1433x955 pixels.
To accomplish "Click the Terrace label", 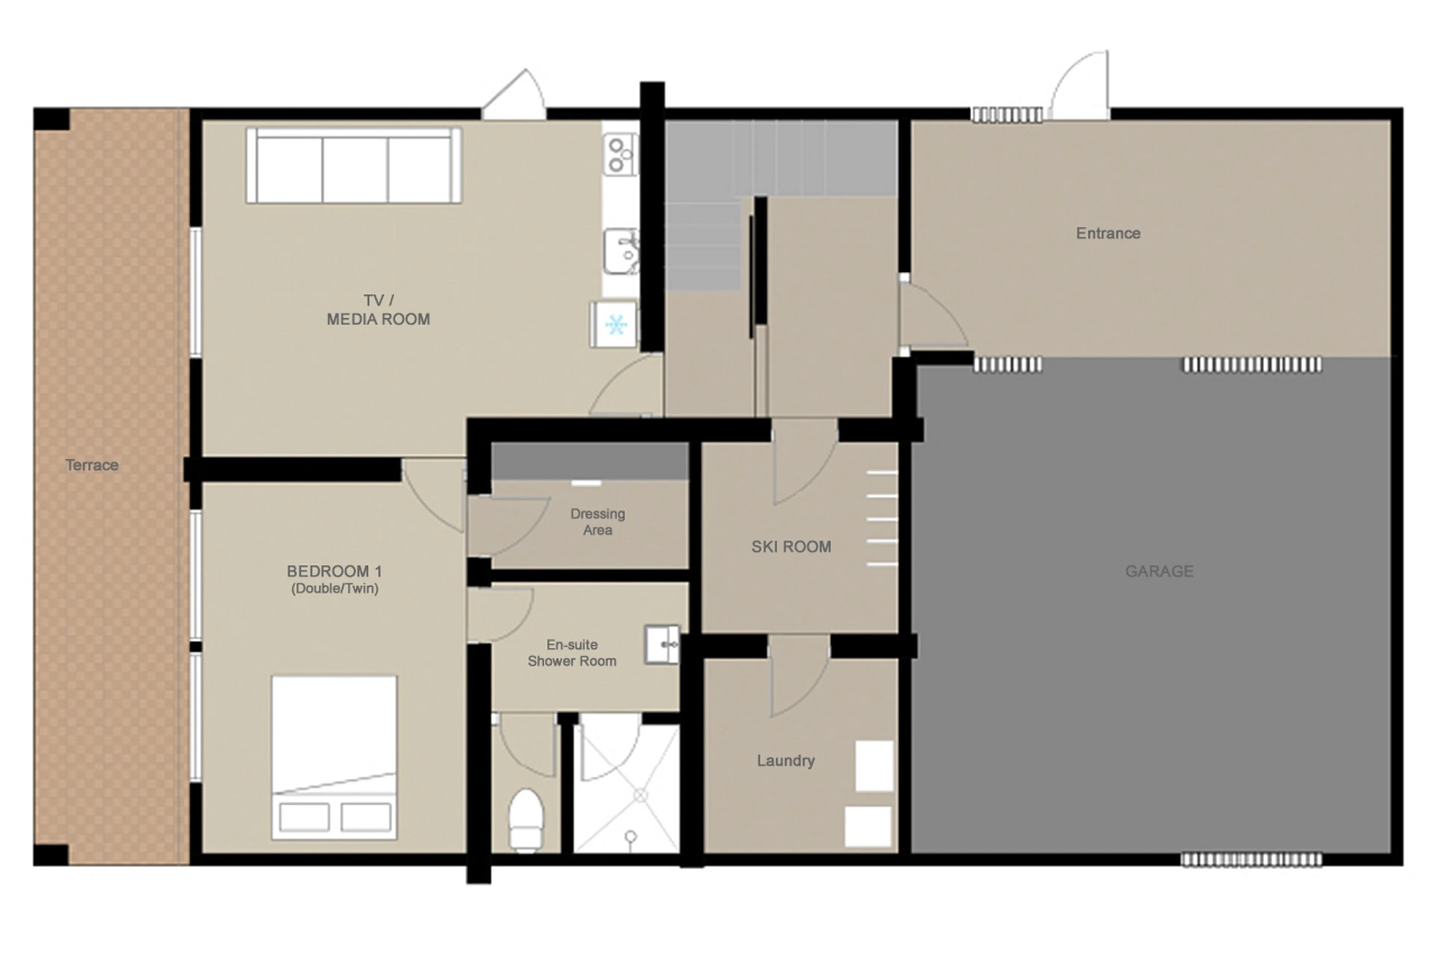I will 92,465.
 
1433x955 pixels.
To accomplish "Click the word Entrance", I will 1108,233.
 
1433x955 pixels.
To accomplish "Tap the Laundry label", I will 786,761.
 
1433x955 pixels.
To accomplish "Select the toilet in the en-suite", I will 525,820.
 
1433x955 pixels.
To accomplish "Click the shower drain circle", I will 640,795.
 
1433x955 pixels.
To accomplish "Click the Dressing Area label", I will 597,522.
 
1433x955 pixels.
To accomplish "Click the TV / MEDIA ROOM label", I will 378,310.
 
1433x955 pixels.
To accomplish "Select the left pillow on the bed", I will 304,817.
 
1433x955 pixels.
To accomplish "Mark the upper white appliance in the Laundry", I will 874,765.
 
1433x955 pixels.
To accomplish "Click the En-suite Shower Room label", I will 572,653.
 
